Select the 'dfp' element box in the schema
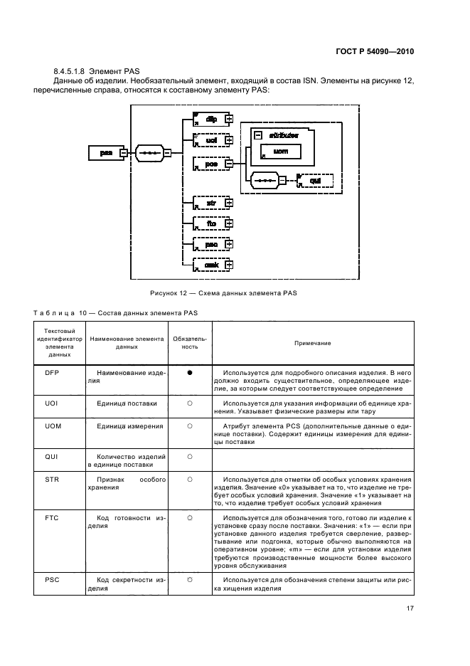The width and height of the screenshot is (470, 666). pyautogui.click(x=210, y=120)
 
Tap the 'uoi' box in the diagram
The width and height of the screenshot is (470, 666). pyautogui.click(x=210, y=141)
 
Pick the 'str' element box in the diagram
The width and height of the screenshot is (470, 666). pyautogui.click(x=210, y=202)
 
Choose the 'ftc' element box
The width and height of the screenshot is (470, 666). pyautogui.click(x=210, y=223)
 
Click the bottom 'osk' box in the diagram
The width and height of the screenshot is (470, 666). pyautogui.click(x=210, y=265)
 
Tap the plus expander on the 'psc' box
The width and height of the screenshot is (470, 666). pyautogui.click(x=229, y=244)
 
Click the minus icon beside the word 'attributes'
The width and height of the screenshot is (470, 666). pyautogui.click(x=258, y=134)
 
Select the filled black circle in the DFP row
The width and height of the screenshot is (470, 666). pyautogui.click(x=191, y=373)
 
